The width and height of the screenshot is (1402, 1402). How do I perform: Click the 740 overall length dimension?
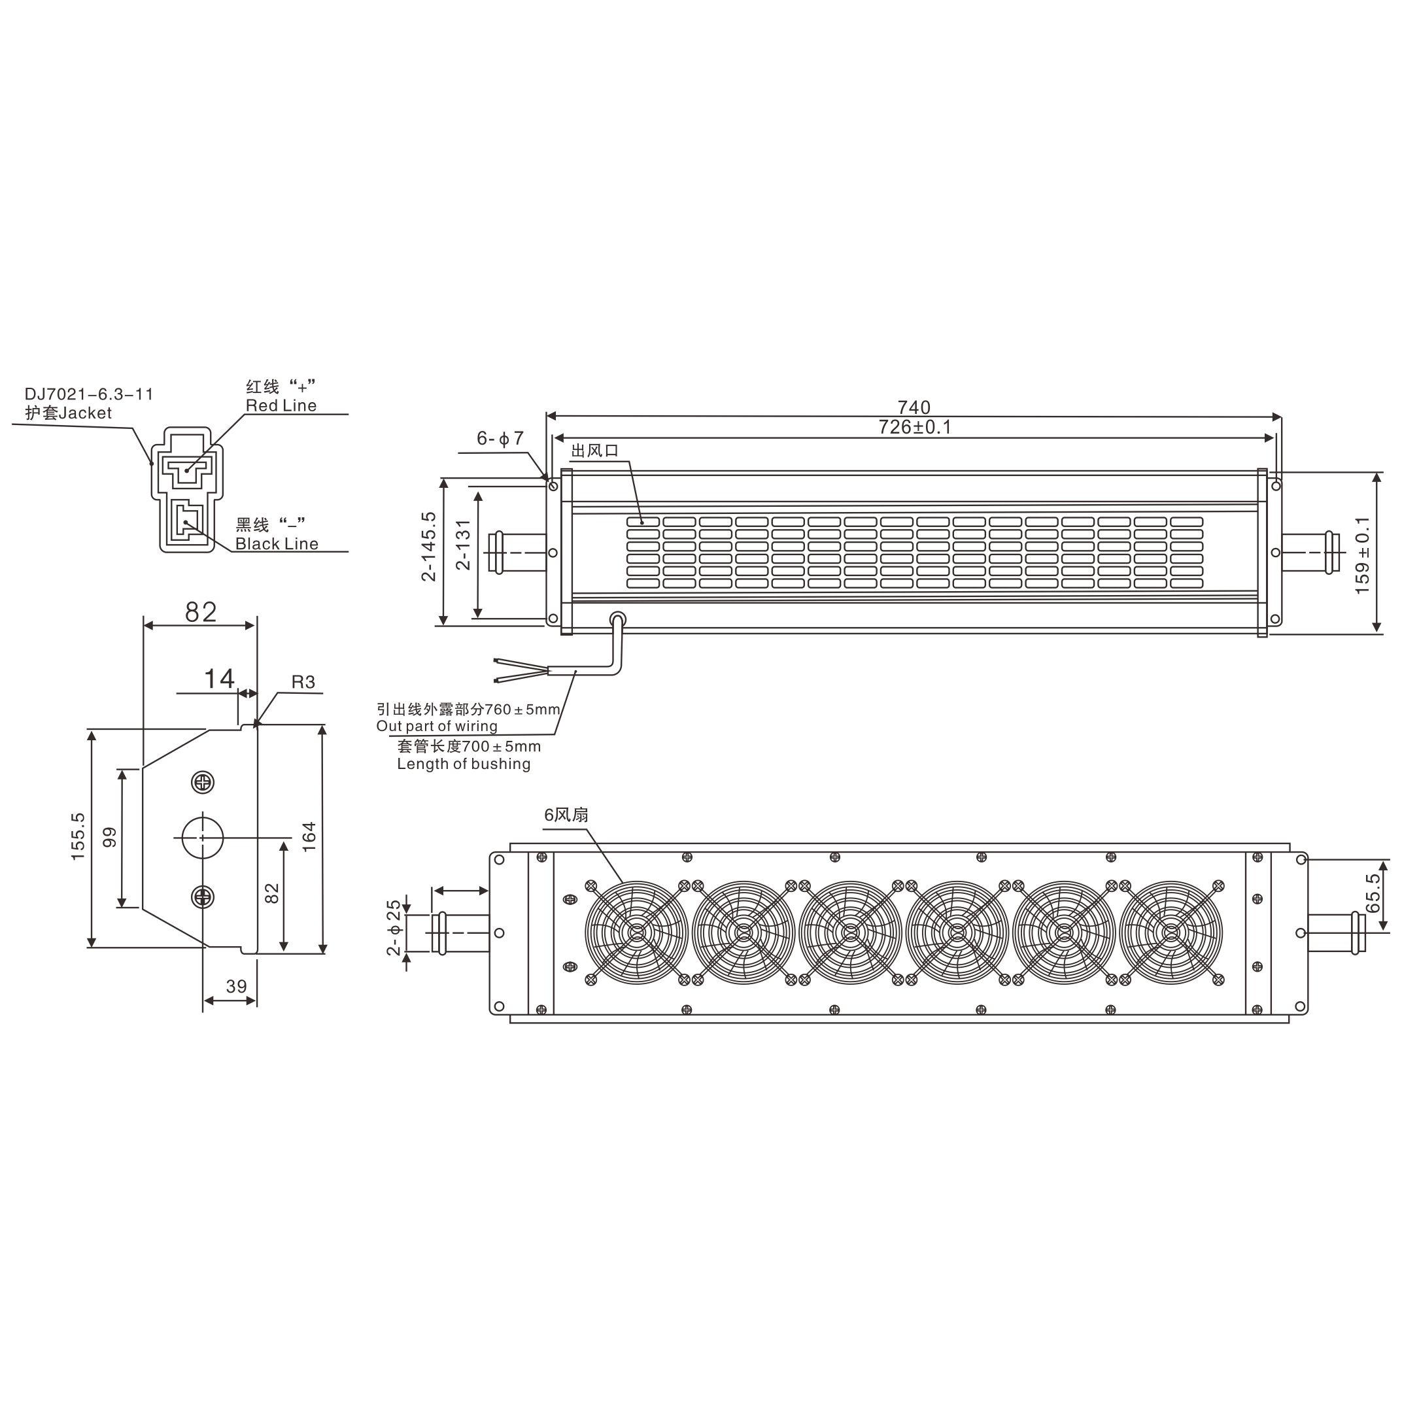(914, 407)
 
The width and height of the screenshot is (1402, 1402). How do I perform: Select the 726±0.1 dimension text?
(914, 427)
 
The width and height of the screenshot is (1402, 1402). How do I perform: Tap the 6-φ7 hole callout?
(500, 438)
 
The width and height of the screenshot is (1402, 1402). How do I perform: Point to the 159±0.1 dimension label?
(1362, 555)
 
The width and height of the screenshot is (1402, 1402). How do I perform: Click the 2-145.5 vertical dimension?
(429, 547)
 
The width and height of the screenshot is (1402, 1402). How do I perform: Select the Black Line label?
(277, 543)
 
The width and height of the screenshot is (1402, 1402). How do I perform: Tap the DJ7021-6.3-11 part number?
(89, 394)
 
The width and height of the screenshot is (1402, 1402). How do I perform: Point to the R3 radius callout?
(303, 681)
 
